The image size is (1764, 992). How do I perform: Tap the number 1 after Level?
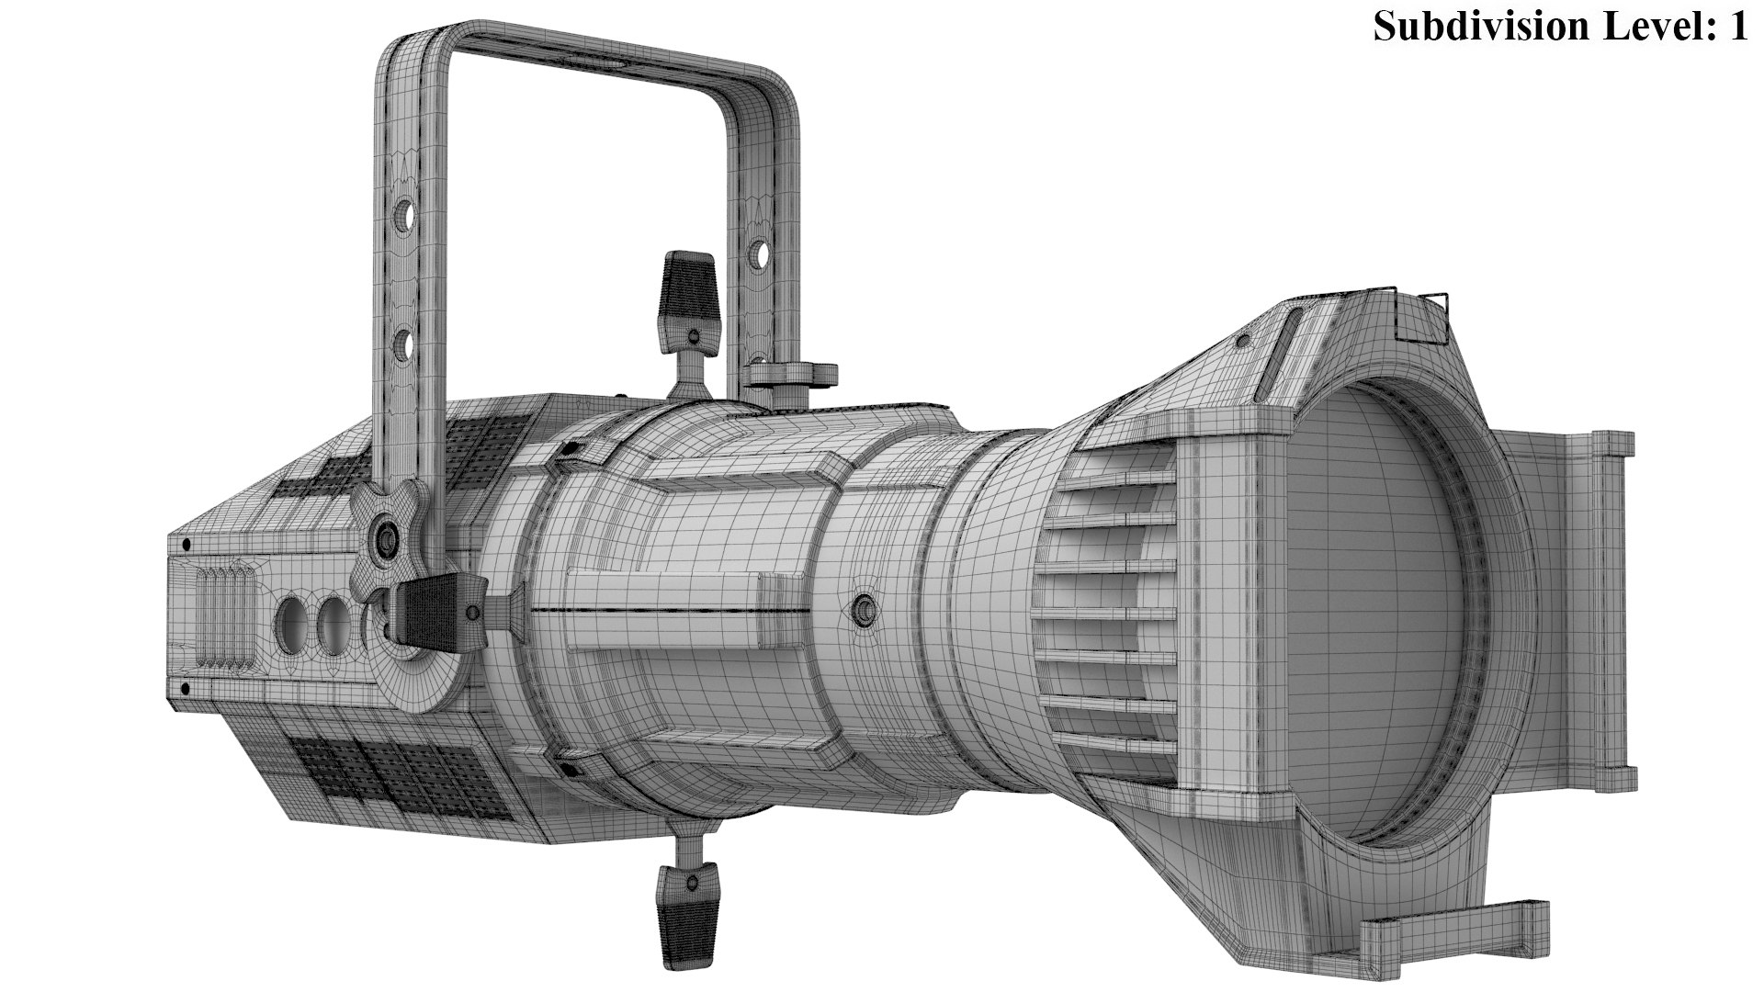1736,26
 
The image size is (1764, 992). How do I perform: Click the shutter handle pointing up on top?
688,294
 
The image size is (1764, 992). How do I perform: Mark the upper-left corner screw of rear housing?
187,544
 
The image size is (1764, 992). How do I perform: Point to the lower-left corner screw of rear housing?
186,687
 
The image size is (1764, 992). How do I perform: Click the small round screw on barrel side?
863,607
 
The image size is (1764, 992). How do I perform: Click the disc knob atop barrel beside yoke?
790,373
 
